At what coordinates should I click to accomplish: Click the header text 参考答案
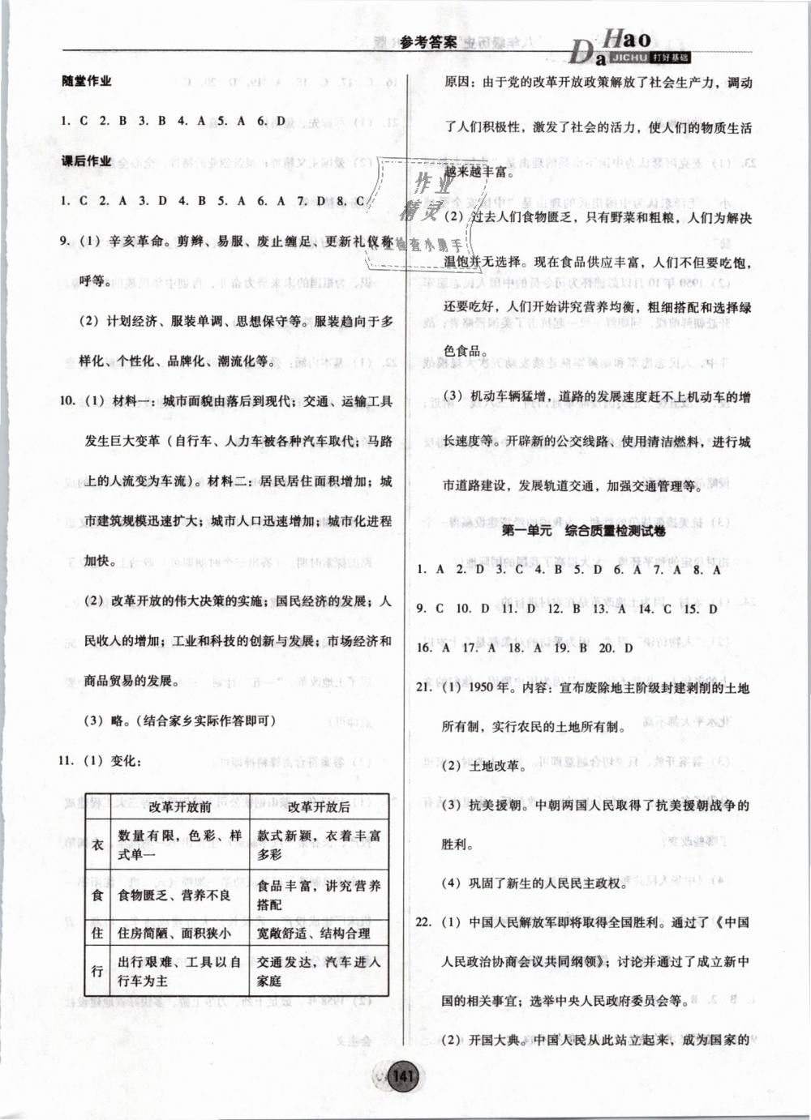click(428, 43)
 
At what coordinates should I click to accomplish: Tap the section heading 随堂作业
click(86, 81)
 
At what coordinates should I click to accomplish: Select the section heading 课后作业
click(86, 160)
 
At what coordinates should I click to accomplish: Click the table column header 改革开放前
click(180, 806)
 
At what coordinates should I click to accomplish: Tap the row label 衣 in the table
click(97, 844)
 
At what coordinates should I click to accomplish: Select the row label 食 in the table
click(97, 894)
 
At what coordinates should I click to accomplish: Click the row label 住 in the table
click(97, 933)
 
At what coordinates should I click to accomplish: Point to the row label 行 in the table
click(97, 971)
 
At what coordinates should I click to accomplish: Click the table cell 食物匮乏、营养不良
click(174, 895)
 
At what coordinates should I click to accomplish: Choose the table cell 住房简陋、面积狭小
click(174, 933)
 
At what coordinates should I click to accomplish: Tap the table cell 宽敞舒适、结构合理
click(313, 933)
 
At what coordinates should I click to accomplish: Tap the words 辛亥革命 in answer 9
click(135, 242)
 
